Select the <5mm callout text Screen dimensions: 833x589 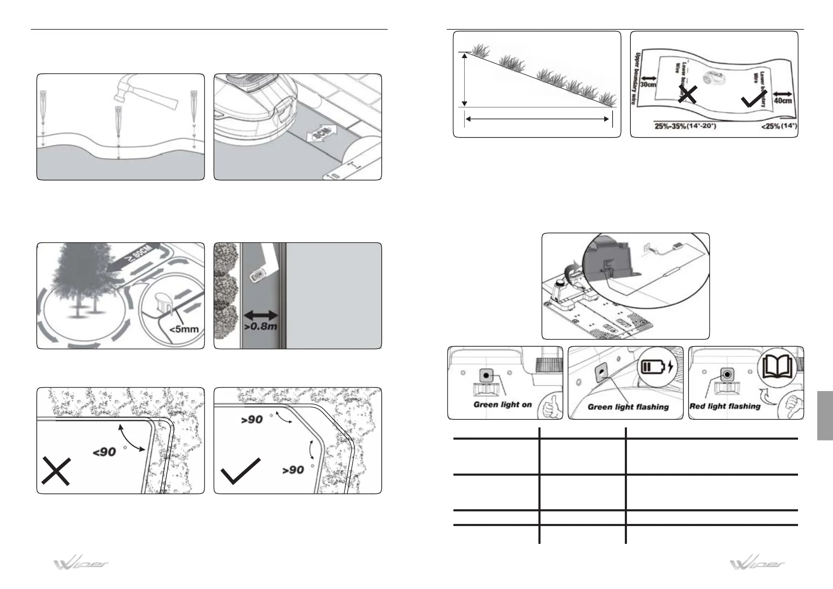184,329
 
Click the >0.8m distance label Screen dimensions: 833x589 261,326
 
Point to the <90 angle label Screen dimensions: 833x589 105,452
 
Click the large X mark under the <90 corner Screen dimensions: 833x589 56,471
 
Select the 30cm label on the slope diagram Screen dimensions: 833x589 648,85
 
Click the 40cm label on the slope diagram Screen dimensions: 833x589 783,100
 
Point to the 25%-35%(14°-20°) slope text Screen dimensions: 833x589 685,127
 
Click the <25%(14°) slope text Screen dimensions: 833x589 778,127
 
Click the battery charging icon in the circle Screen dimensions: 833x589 657,367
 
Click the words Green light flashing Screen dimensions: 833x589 628,407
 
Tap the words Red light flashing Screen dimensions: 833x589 725,406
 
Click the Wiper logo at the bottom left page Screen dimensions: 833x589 81,564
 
